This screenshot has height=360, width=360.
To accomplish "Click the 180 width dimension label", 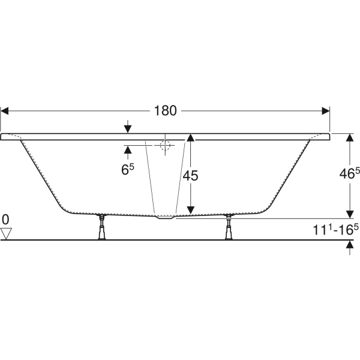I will (x=165, y=111).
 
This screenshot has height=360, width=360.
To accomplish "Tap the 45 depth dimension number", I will (x=190, y=176).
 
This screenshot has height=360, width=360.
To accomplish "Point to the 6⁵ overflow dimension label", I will (x=127, y=170).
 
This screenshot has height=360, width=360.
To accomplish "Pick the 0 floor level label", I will (x=6, y=219).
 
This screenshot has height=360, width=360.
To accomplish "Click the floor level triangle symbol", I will (x=7, y=233).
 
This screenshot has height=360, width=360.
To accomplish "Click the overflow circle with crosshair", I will (x=166, y=145).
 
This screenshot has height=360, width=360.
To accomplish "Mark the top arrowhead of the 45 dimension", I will (x=190, y=138).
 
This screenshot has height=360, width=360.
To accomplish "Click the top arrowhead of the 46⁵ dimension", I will (x=349, y=138).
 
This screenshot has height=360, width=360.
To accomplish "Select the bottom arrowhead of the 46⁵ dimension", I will (x=349, y=214).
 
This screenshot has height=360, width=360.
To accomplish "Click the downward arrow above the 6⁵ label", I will (x=127, y=128).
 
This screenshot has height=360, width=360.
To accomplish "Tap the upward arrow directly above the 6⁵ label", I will (x=127, y=151).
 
